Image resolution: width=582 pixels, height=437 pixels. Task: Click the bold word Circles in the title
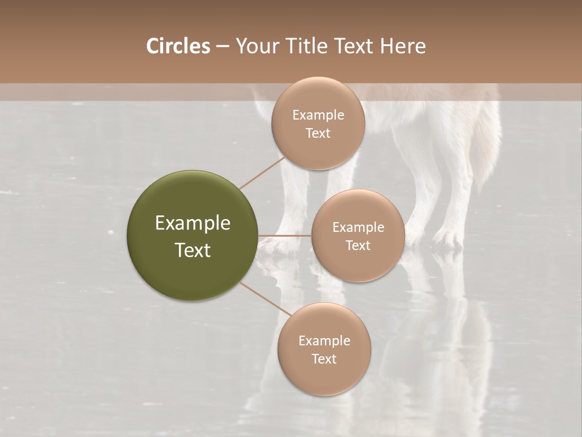click(178, 46)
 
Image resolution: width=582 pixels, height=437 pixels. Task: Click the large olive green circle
click(192, 235)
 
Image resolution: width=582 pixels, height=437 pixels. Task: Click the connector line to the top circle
click(261, 174)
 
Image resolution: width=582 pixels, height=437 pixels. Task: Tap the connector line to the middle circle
click(285, 235)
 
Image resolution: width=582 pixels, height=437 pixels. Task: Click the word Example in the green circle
click(192, 223)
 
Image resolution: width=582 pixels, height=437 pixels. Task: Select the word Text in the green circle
click(192, 250)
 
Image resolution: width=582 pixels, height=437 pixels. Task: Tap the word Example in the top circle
click(318, 115)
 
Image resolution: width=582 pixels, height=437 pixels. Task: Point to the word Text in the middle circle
click(358, 246)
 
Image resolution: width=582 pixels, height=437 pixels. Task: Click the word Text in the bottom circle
click(324, 359)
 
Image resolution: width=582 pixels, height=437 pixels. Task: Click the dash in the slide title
click(222, 47)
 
